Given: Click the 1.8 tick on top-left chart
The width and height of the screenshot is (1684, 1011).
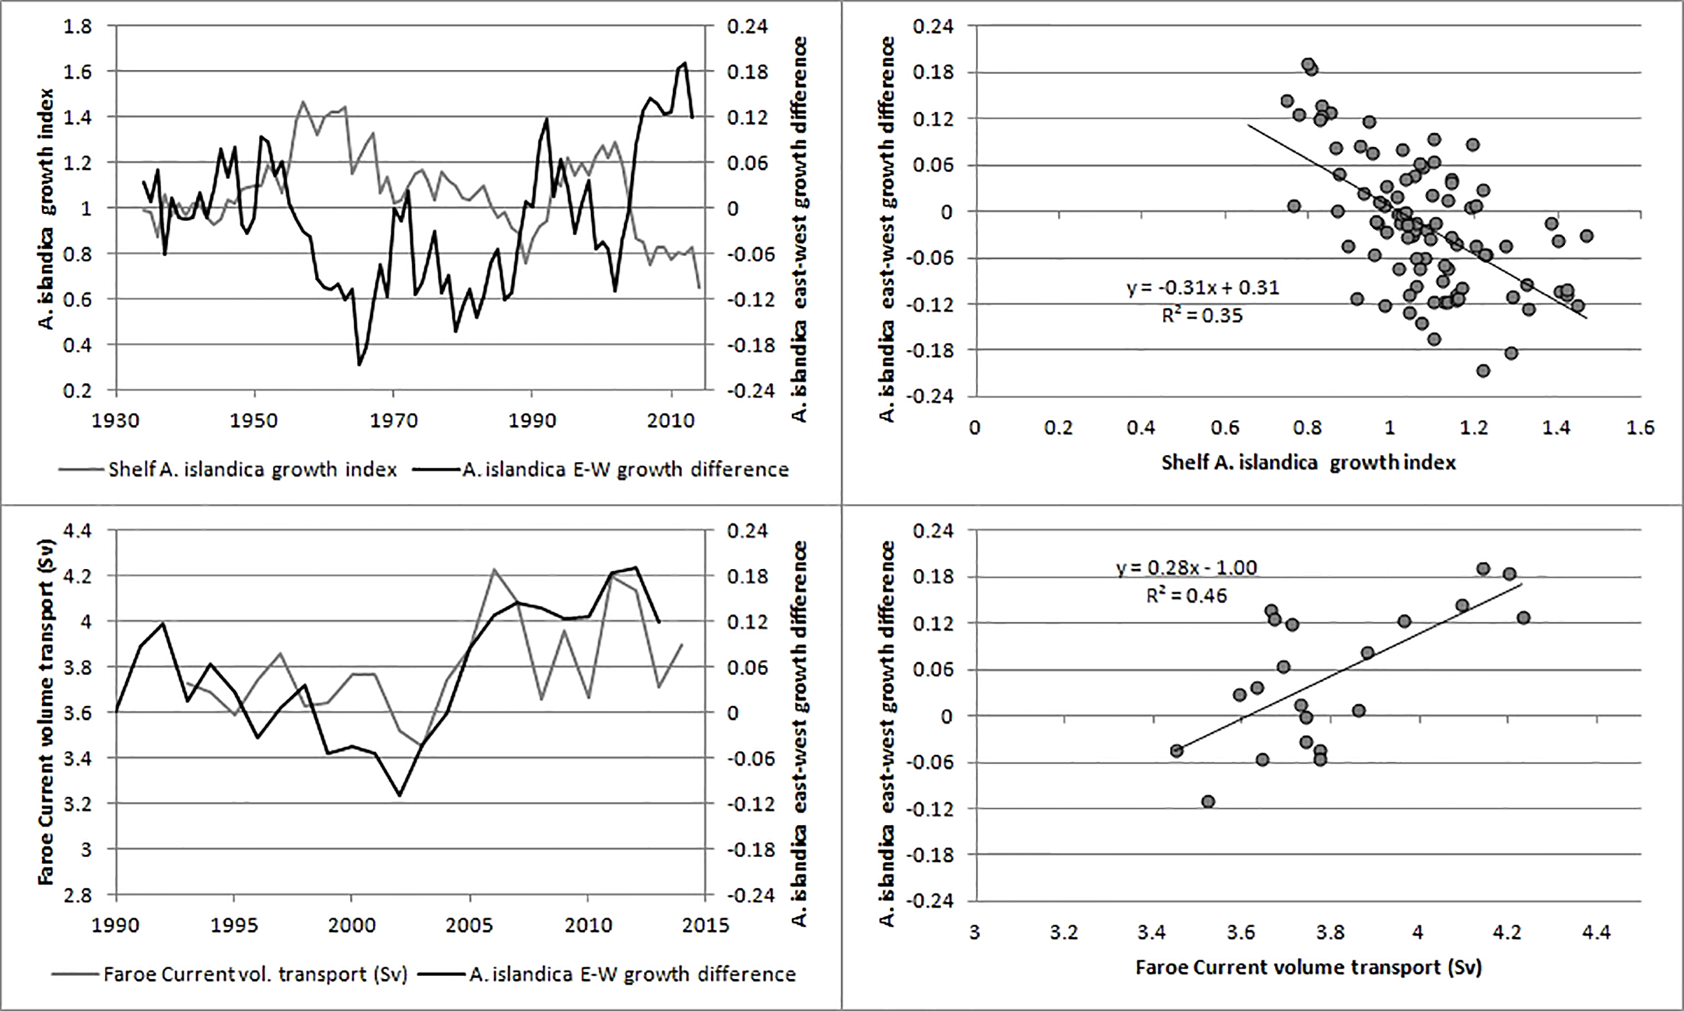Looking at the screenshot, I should tap(78, 27).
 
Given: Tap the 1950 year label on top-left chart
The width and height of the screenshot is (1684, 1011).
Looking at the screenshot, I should tap(254, 421).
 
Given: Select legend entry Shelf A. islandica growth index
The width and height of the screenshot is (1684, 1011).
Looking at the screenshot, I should tap(252, 470).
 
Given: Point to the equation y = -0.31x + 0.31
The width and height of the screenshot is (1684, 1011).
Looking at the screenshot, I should tap(1203, 288).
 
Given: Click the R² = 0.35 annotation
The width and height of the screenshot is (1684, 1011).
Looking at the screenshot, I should tap(1202, 315).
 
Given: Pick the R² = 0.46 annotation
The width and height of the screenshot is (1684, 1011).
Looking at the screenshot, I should tap(1186, 595).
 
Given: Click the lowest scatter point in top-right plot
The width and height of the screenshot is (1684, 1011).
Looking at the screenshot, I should tap(1484, 371).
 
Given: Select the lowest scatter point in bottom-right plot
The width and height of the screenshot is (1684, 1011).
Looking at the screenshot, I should tap(1208, 801).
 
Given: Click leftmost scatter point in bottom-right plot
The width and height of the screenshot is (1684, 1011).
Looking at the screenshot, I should tap(1176, 751).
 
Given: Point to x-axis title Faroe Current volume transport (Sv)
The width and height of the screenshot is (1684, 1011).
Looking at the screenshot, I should tap(1308, 968).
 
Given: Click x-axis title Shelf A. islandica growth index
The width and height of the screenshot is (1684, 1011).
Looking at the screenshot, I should tap(1308, 463).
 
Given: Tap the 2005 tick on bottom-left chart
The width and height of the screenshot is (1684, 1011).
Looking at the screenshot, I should tap(469, 925).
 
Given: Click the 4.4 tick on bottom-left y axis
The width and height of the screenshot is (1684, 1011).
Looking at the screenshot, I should tap(78, 531).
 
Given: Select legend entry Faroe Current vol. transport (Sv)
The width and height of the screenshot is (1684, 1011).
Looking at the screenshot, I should tap(255, 974).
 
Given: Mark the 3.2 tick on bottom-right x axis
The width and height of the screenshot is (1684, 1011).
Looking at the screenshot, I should tap(1064, 933).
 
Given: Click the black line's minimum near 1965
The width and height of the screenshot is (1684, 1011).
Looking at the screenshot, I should tap(359, 365).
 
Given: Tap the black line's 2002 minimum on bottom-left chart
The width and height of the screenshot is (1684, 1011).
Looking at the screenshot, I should tap(399, 796).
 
